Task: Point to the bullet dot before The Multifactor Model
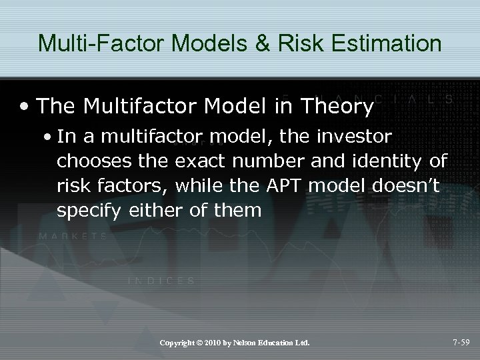[x=25, y=106]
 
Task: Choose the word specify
[x=83, y=211]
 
